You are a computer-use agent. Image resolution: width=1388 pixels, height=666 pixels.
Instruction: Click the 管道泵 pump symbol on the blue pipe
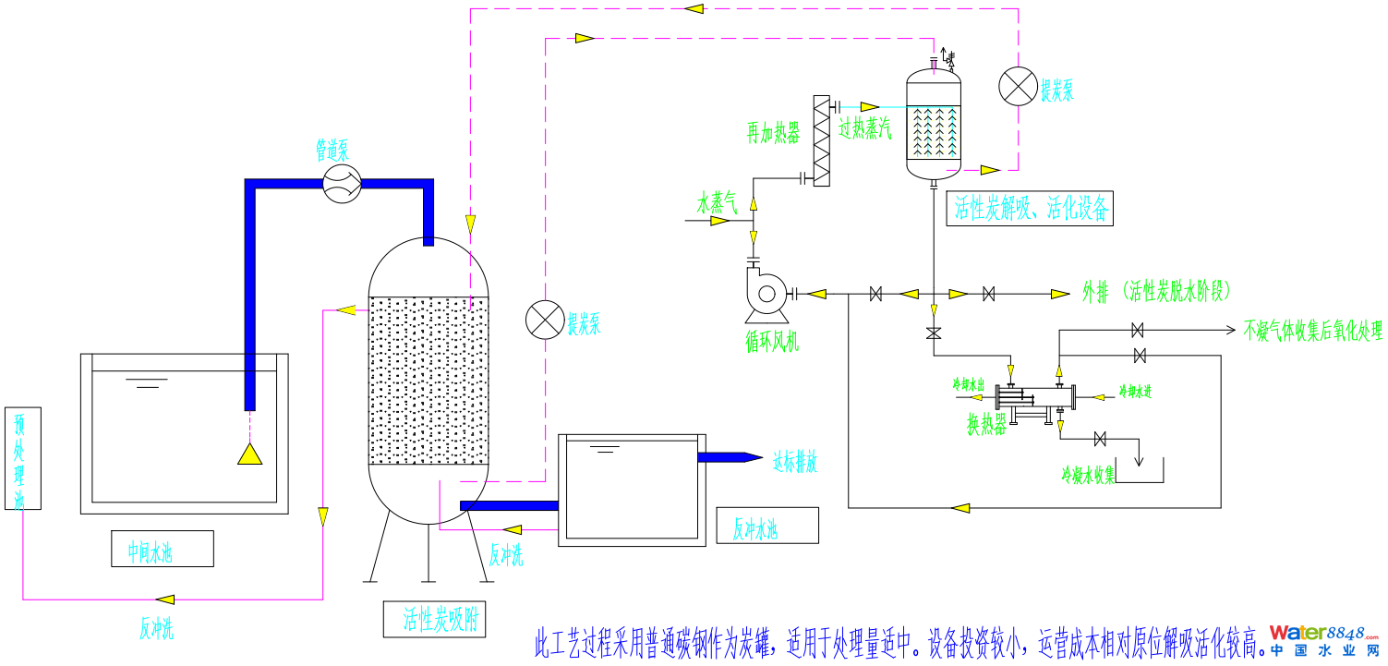point(341,184)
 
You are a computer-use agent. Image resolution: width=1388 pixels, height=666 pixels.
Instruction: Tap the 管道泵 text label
point(332,149)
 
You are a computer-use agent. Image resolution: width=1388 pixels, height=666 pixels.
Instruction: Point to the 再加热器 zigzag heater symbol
point(820,140)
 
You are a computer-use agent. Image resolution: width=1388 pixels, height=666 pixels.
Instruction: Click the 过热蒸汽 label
point(865,129)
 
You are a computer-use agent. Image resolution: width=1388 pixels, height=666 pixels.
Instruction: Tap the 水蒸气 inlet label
point(718,202)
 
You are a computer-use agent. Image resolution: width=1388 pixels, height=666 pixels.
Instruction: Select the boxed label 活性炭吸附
point(434,619)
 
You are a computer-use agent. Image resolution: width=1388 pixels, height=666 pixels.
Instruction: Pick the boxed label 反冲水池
point(766,526)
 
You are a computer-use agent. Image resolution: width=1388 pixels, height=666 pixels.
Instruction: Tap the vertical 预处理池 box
point(18,459)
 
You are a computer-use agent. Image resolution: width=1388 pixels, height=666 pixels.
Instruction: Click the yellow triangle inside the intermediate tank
point(250,454)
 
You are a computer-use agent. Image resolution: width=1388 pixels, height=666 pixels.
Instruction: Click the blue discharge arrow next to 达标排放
point(730,456)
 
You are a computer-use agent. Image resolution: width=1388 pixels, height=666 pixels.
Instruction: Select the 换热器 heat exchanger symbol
point(1035,398)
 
